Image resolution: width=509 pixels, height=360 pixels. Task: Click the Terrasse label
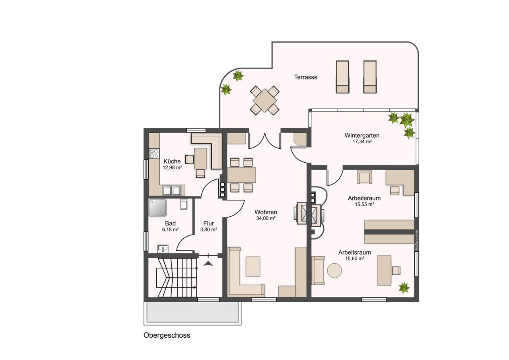point(306,77)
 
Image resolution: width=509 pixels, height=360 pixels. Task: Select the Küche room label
point(172,162)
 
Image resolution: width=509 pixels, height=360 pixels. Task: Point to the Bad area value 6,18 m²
point(170,230)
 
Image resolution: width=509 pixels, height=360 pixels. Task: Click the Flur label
point(208,223)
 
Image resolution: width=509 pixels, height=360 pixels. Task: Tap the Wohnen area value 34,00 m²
point(266,218)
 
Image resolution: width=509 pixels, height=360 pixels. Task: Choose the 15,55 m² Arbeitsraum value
point(365,204)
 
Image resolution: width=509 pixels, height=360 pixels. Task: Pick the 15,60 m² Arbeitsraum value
point(355,259)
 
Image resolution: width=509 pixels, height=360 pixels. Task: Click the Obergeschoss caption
point(167,335)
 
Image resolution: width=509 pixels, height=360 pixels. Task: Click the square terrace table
point(264,100)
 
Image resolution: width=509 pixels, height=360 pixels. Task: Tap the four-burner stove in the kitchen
point(154,153)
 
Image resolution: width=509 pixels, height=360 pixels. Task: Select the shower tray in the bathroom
point(157,208)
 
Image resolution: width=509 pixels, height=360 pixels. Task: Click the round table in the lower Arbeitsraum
point(334,270)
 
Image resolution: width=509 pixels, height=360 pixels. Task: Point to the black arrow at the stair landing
point(208,264)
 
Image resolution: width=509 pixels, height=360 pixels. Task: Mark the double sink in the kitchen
point(171,191)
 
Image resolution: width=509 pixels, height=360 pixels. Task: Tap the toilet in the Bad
point(183,204)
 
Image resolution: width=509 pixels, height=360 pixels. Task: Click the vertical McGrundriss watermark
point(417,240)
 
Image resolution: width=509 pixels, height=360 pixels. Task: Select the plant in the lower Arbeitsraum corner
point(404,288)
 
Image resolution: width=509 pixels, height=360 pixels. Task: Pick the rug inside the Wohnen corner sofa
point(253,267)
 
